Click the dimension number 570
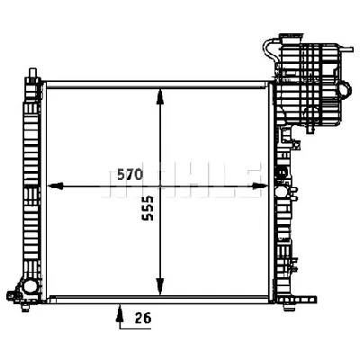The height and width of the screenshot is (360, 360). point(130,175)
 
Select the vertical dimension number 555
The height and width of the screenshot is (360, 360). point(148,209)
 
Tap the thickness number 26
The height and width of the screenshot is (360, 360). point(143,319)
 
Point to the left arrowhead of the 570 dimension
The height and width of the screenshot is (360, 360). point(55,186)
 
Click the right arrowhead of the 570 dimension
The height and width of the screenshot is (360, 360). point(259,186)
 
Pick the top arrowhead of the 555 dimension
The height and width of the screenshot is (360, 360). point(160,96)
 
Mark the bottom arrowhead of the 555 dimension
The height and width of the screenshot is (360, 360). point(160,287)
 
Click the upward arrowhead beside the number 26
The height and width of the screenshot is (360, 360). point(120,312)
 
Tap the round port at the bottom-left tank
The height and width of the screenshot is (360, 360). point(30,285)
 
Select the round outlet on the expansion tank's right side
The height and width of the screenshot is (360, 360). point(345,89)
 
